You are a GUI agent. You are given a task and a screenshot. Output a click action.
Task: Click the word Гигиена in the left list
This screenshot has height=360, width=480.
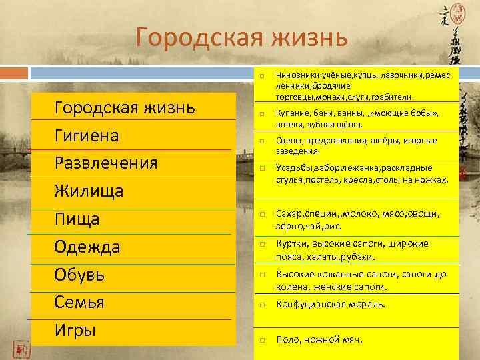coord(87,136)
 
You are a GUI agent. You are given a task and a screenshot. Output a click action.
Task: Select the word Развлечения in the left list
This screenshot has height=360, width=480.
coord(106,163)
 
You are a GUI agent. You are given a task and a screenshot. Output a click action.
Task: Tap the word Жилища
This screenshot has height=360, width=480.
coord(89,192)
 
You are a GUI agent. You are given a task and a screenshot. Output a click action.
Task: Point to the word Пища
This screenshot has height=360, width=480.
coord(77,219)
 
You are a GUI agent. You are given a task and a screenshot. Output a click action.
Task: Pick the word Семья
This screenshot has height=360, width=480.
coord(79,303)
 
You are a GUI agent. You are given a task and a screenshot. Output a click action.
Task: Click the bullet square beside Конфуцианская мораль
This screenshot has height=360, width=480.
coord(263,305)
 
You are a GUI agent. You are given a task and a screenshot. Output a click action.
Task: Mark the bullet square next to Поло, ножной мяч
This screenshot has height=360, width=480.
coord(263,340)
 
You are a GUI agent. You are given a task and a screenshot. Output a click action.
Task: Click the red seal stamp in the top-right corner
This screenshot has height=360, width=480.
coord(459,11)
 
